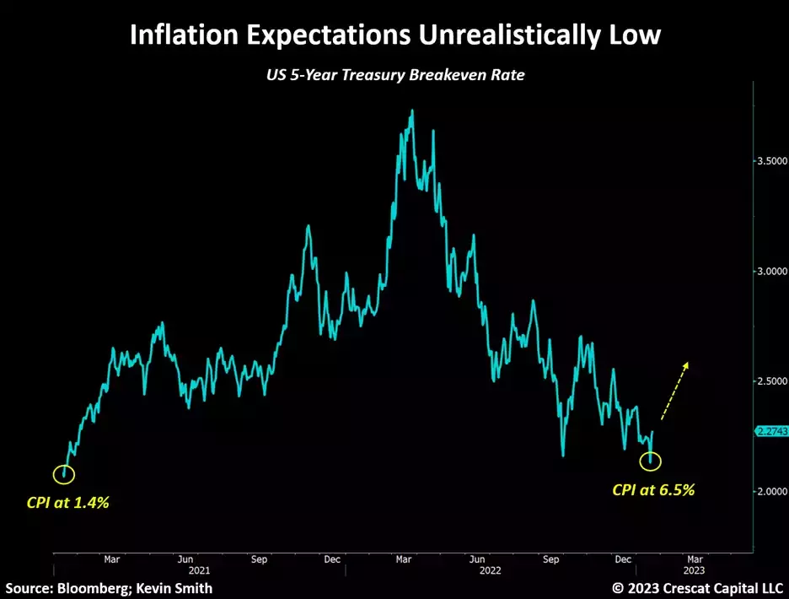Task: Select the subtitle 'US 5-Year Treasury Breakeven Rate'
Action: point(394,75)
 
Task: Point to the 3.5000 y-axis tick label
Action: point(771,160)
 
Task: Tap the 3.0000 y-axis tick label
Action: point(771,271)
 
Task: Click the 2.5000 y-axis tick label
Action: point(771,381)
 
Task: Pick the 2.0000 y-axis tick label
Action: point(771,491)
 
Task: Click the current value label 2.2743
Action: point(771,431)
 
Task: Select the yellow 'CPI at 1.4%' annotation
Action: point(67,503)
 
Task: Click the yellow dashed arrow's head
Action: point(687,365)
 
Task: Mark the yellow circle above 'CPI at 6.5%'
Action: point(651,461)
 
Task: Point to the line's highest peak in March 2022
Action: point(411,111)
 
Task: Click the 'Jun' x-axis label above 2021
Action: point(186,559)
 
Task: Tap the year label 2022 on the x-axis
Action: point(491,570)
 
